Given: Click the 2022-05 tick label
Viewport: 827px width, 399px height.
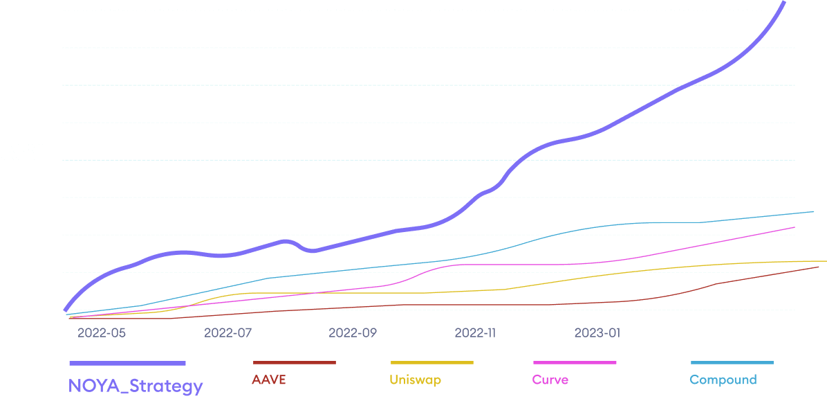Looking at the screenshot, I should coord(102,333).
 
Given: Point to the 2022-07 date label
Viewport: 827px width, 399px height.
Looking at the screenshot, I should coord(227,333).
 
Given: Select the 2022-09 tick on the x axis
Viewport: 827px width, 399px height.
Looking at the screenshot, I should coord(352,333).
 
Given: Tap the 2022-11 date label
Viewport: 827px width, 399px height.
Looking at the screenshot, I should coord(475,333).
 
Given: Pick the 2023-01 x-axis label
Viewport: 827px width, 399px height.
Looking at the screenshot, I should coord(597,333).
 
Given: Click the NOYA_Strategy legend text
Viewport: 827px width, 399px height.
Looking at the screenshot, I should coord(136,386).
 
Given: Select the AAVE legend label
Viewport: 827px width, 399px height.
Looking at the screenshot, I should coord(269,380).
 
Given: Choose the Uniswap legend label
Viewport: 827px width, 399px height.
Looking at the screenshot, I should coord(415,380).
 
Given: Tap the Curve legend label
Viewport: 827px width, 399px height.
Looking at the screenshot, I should coord(550,380).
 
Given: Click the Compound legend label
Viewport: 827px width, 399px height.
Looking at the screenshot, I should coord(723,380).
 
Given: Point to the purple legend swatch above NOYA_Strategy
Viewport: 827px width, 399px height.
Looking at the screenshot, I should coord(127,363).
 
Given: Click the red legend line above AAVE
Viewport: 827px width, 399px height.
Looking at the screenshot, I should coord(294,362).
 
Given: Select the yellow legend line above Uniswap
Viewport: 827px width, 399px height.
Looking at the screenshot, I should coord(431,362).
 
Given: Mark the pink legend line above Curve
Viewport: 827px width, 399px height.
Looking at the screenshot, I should coord(575,362).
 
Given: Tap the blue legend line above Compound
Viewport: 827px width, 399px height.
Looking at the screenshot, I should coord(732,362).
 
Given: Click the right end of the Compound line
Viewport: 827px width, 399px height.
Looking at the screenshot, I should coord(813,211).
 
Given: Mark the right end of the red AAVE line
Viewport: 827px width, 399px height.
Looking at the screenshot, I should coord(818,267).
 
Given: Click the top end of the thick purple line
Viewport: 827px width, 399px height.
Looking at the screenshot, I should coord(783,2).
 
